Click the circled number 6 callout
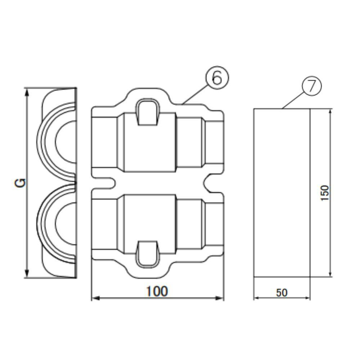pyautogui.click(x=217, y=78)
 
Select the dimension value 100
pyautogui.click(x=157, y=291)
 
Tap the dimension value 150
pyautogui.click(x=325, y=193)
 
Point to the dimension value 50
pyautogui.click(x=282, y=293)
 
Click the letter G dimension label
pyautogui.click(x=21, y=183)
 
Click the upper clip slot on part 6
pyautogui.click(x=147, y=113)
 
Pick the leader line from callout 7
pyautogui.click(x=293, y=100)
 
